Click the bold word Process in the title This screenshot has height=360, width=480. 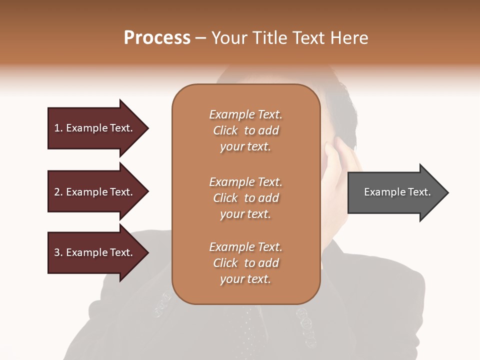pos(157,38)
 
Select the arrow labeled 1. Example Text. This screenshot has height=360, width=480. pos(95,128)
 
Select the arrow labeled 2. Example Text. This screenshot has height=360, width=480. pos(95,192)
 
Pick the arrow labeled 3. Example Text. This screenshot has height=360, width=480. pos(95,252)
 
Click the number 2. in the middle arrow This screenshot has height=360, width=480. pos(58,192)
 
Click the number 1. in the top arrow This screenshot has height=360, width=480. pos(58,128)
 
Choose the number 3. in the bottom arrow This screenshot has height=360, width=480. pos(58,252)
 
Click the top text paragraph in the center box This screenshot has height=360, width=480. pos(245,130)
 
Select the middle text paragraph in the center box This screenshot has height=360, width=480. pos(245,197)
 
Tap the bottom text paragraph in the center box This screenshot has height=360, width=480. pos(245,263)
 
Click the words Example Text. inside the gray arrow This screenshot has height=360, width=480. pos(397,192)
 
